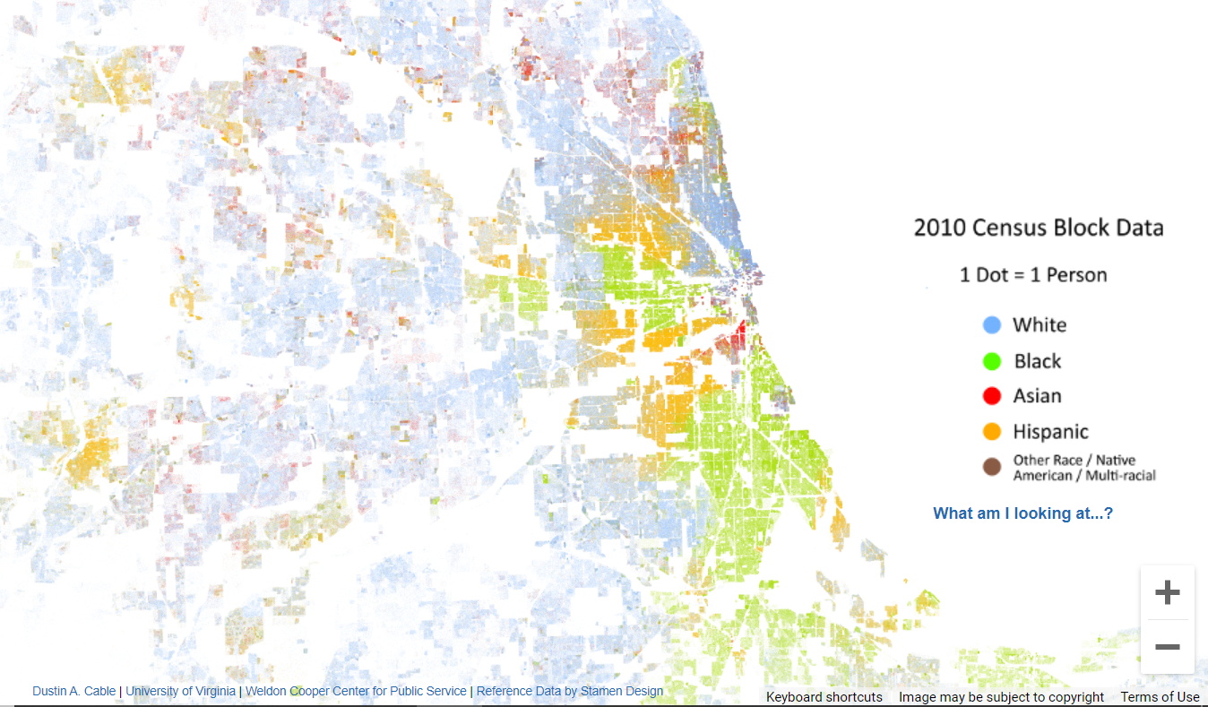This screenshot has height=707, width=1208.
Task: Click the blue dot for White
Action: pyautogui.click(x=992, y=324)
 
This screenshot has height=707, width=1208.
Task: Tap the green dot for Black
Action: pyautogui.click(x=992, y=361)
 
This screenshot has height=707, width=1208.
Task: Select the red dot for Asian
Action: pyautogui.click(x=992, y=395)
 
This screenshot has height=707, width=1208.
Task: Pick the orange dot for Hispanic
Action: pyautogui.click(x=992, y=431)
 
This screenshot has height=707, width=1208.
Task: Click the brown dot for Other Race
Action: pyautogui.click(x=992, y=467)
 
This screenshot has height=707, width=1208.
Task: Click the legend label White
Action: pyautogui.click(x=1040, y=324)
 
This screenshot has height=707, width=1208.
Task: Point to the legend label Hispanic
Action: pyautogui.click(x=1050, y=431)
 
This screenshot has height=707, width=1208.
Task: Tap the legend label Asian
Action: pyautogui.click(x=1037, y=395)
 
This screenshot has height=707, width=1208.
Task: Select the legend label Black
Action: pyautogui.click(x=1038, y=361)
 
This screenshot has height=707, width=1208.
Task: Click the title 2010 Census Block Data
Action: pyautogui.click(x=1039, y=228)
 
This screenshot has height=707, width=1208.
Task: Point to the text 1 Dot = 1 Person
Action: pyautogui.click(x=1033, y=274)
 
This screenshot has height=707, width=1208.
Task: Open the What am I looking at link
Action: pyautogui.click(x=1022, y=513)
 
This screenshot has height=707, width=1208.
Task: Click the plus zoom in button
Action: pyautogui.click(x=1167, y=592)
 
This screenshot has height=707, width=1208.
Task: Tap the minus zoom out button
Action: pyautogui.click(x=1167, y=647)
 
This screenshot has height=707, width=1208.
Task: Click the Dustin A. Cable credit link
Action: pyautogui.click(x=73, y=691)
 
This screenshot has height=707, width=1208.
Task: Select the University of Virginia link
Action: pyautogui.click(x=181, y=691)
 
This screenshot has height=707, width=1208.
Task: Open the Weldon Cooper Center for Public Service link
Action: pyautogui.click(x=356, y=691)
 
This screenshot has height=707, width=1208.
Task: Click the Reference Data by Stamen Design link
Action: pyautogui.click(x=570, y=691)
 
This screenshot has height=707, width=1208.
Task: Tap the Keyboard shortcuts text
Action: pyautogui.click(x=824, y=697)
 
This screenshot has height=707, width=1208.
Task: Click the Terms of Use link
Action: pyautogui.click(x=1160, y=697)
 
